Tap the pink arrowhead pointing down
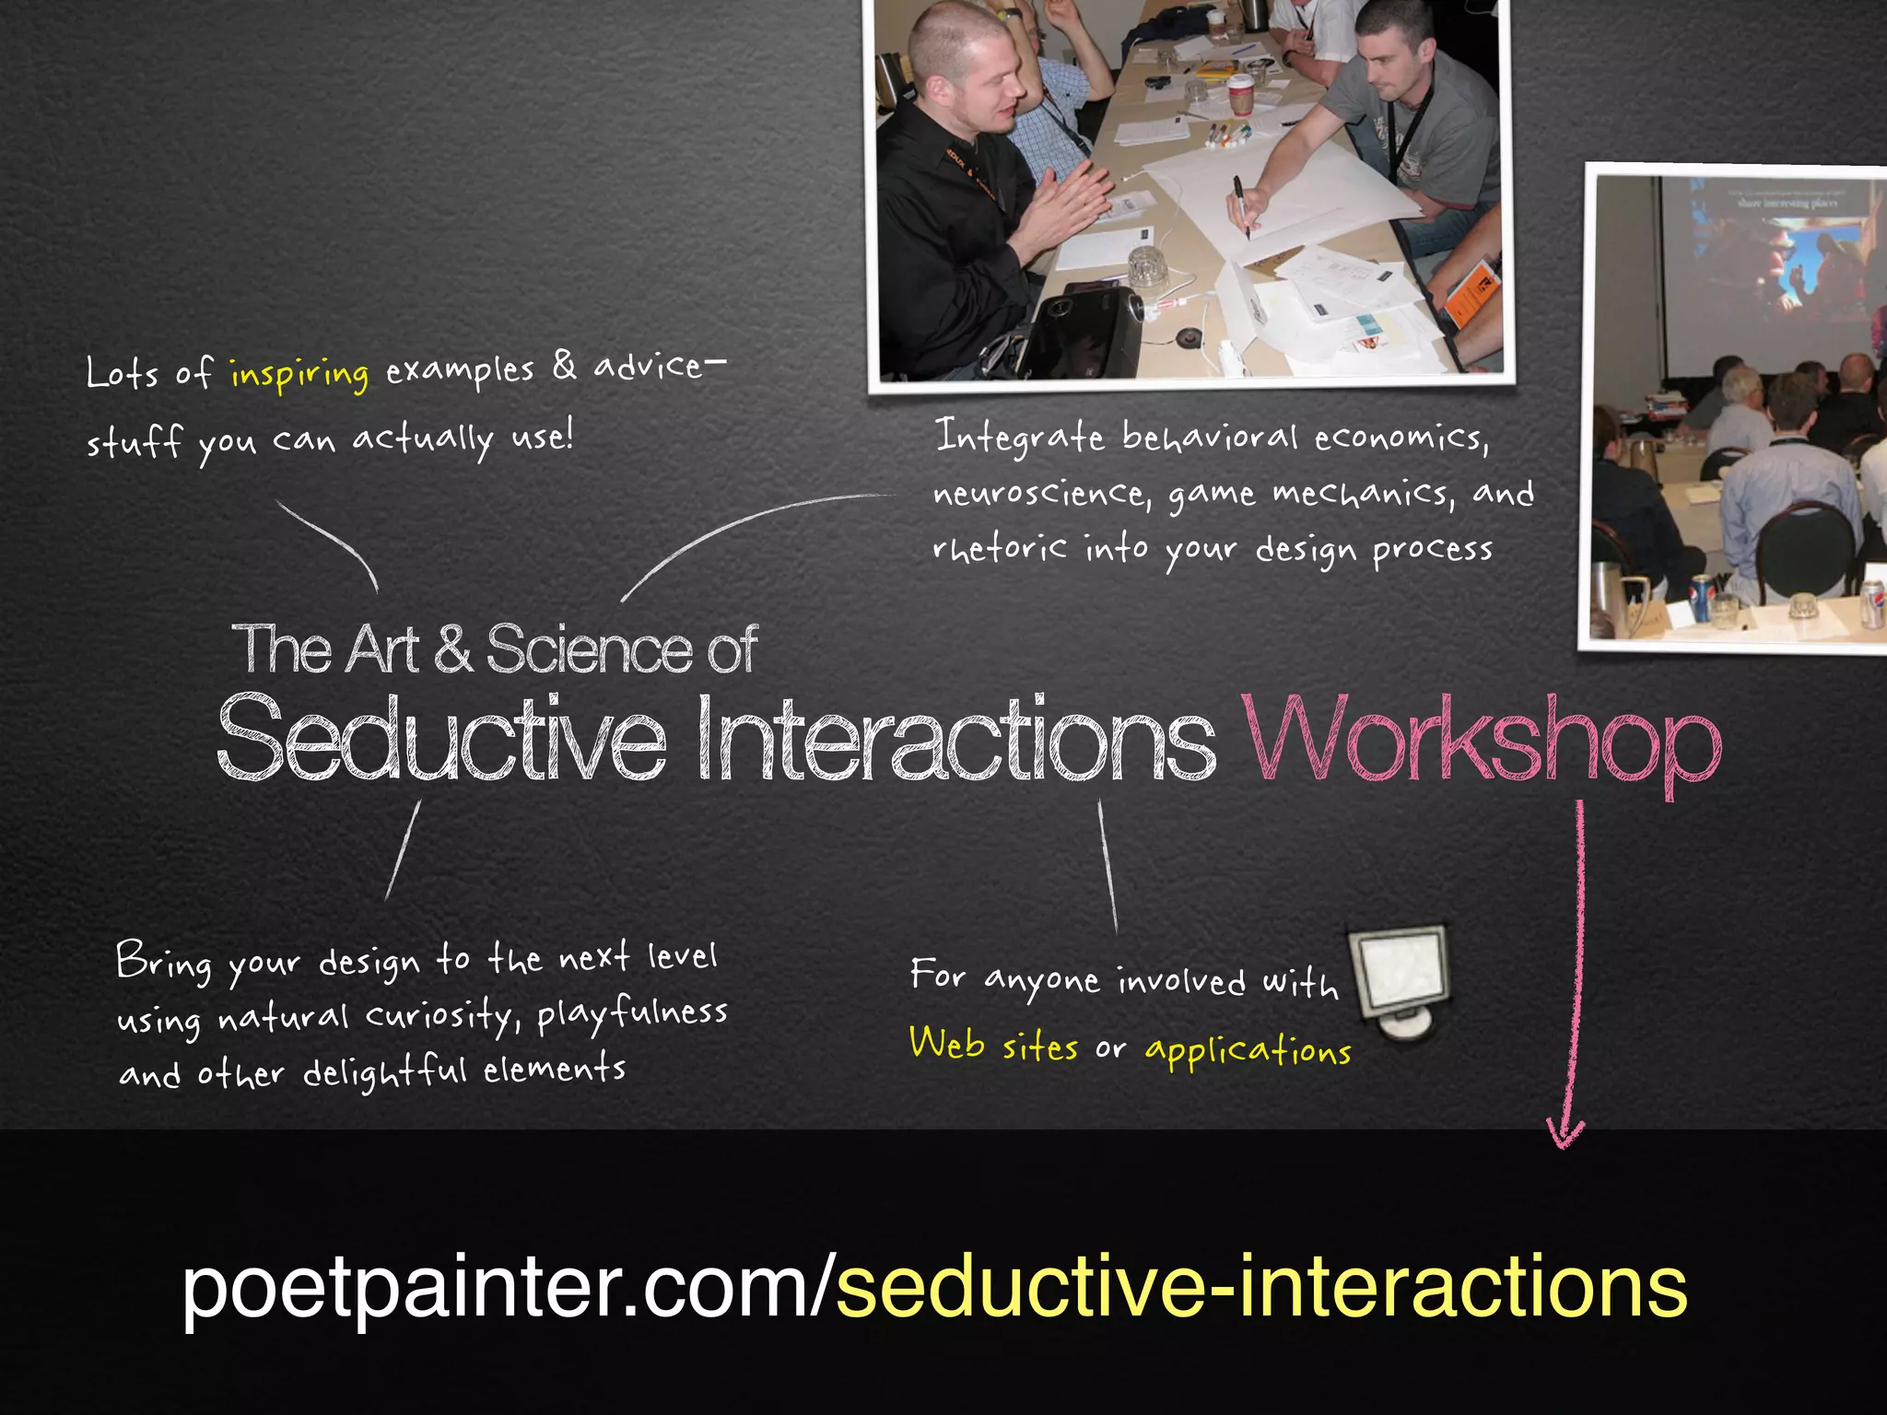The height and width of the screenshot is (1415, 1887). pos(1565,1132)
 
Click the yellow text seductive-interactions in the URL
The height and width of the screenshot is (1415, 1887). pos(1260,1287)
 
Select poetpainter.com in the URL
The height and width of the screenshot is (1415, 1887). pos(494,1287)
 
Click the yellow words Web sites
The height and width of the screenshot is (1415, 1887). pos(993,1046)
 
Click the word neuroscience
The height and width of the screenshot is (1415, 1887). pos(1041,495)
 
